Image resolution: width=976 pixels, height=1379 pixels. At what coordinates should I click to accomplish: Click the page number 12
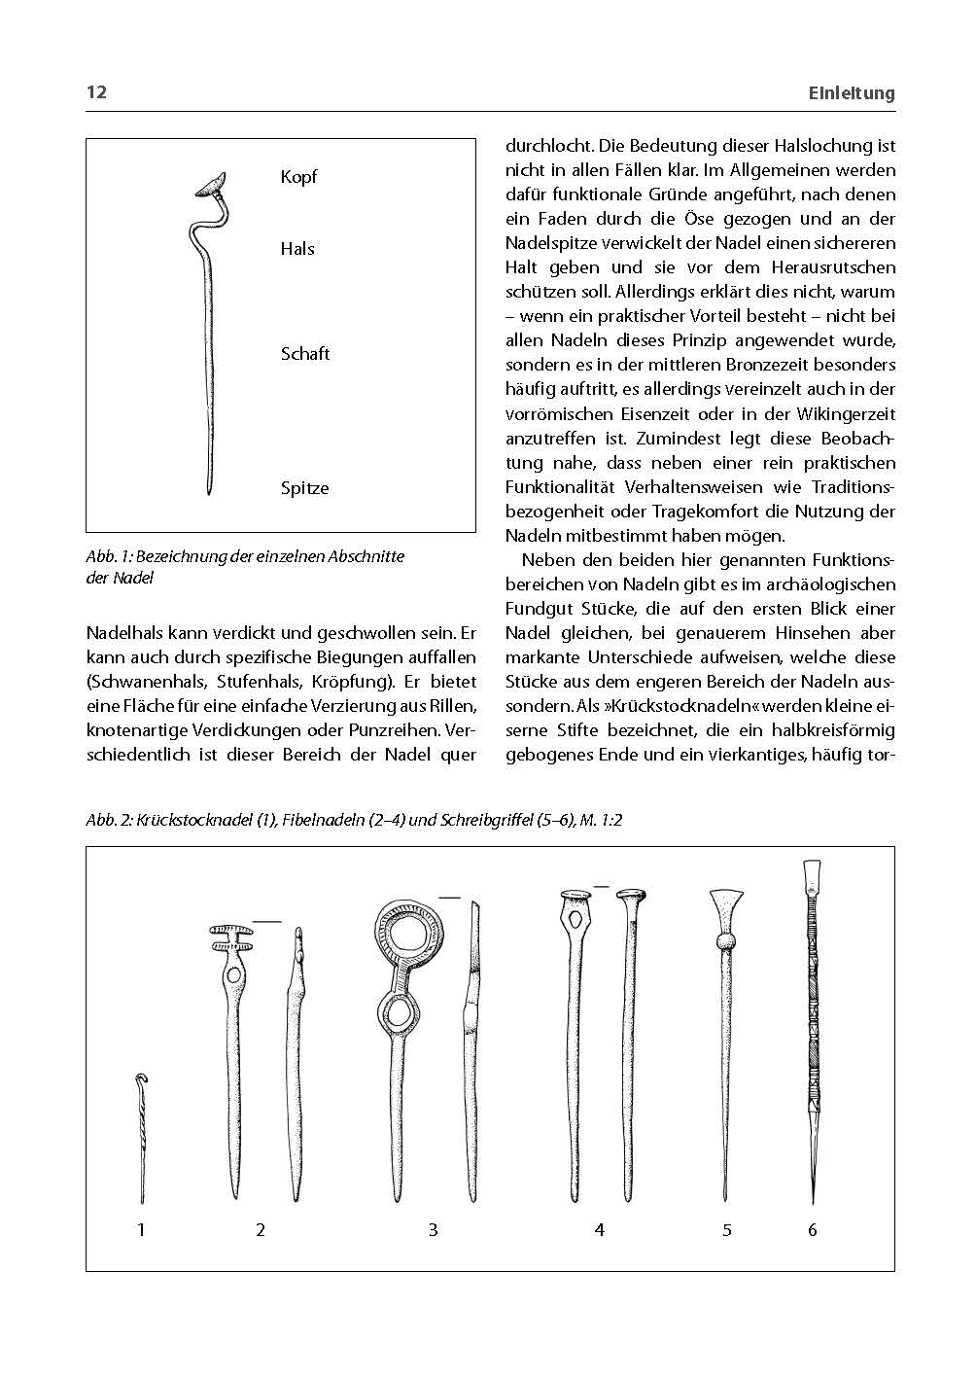(96, 92)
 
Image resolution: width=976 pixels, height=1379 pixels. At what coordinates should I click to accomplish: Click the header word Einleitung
(852, 93)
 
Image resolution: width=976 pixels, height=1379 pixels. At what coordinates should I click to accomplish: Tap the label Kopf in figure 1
(298, 177)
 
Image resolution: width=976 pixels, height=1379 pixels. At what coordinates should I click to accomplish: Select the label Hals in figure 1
(297, 249)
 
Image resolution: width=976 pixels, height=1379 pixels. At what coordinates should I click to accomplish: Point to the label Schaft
(305, 354)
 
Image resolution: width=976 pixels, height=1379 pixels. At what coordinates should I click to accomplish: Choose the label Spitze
(304, 488)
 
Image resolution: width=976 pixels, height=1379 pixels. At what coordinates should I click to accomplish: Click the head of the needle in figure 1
(211, 185)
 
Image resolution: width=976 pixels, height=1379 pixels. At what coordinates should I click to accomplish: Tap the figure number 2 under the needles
(261, 1230)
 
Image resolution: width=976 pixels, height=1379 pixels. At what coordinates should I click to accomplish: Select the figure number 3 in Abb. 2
(434, 1230)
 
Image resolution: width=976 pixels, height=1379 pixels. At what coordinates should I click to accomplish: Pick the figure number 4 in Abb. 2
(600, 1230)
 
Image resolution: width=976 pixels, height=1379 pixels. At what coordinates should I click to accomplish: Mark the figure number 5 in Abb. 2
(727, 1230)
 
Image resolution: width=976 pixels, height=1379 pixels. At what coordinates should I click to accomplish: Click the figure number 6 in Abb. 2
(813, 1230)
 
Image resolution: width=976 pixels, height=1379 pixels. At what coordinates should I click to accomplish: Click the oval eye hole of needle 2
(233, 975)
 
